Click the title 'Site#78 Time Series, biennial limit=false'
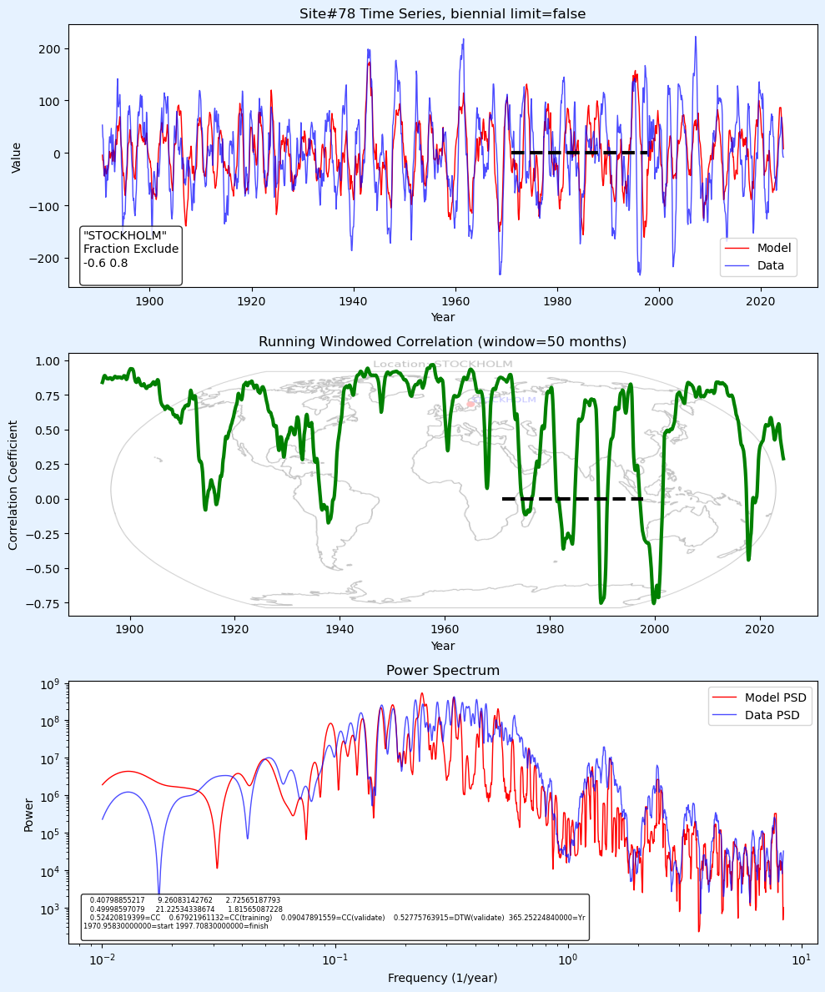click(x=442, y=14)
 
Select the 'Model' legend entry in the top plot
click(x=773, y=248)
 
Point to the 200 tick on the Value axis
click(x=52, y=48)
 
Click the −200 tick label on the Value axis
click(x=48, y=258)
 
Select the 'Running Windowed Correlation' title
click(x=442, y=342)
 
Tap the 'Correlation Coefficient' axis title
click(x=13, y=485)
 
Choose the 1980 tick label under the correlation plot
click(x=550, y=630)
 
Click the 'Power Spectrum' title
click(x=442, y=671)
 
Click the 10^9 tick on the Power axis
click(x=51, y=684)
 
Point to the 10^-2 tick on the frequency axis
click(x=103, y=960)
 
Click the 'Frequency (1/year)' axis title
click(x=442, y=978)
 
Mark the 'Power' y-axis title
click(x=29, y=814)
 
